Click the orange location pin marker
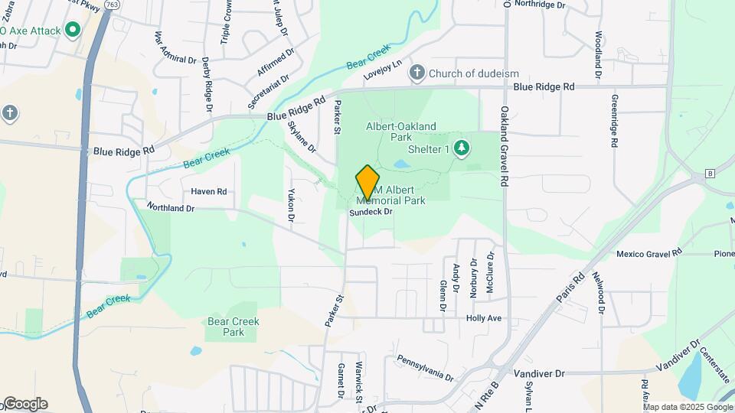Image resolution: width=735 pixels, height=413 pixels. point(368,182)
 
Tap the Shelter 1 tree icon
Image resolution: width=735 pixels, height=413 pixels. point(461,147)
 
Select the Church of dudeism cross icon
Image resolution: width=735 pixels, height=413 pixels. point(417,73)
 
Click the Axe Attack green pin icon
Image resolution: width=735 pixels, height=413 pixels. point(73,31)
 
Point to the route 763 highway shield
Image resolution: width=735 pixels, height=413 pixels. point(113,4)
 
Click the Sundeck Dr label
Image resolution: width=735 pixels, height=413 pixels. point(371,212)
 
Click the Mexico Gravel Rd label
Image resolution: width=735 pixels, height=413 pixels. point(649,253)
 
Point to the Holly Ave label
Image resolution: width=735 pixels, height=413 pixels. point(483,317)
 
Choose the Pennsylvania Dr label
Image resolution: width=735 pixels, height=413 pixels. point(425,368)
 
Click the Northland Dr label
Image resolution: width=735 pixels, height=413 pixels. point(171,207)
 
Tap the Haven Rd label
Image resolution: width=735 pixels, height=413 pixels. point(209,191)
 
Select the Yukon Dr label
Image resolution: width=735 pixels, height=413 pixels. point(291,205)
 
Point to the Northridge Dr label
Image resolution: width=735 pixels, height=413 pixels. point(539,5)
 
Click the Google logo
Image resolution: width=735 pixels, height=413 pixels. point(24,404)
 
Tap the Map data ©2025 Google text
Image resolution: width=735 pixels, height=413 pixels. point(688,407)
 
